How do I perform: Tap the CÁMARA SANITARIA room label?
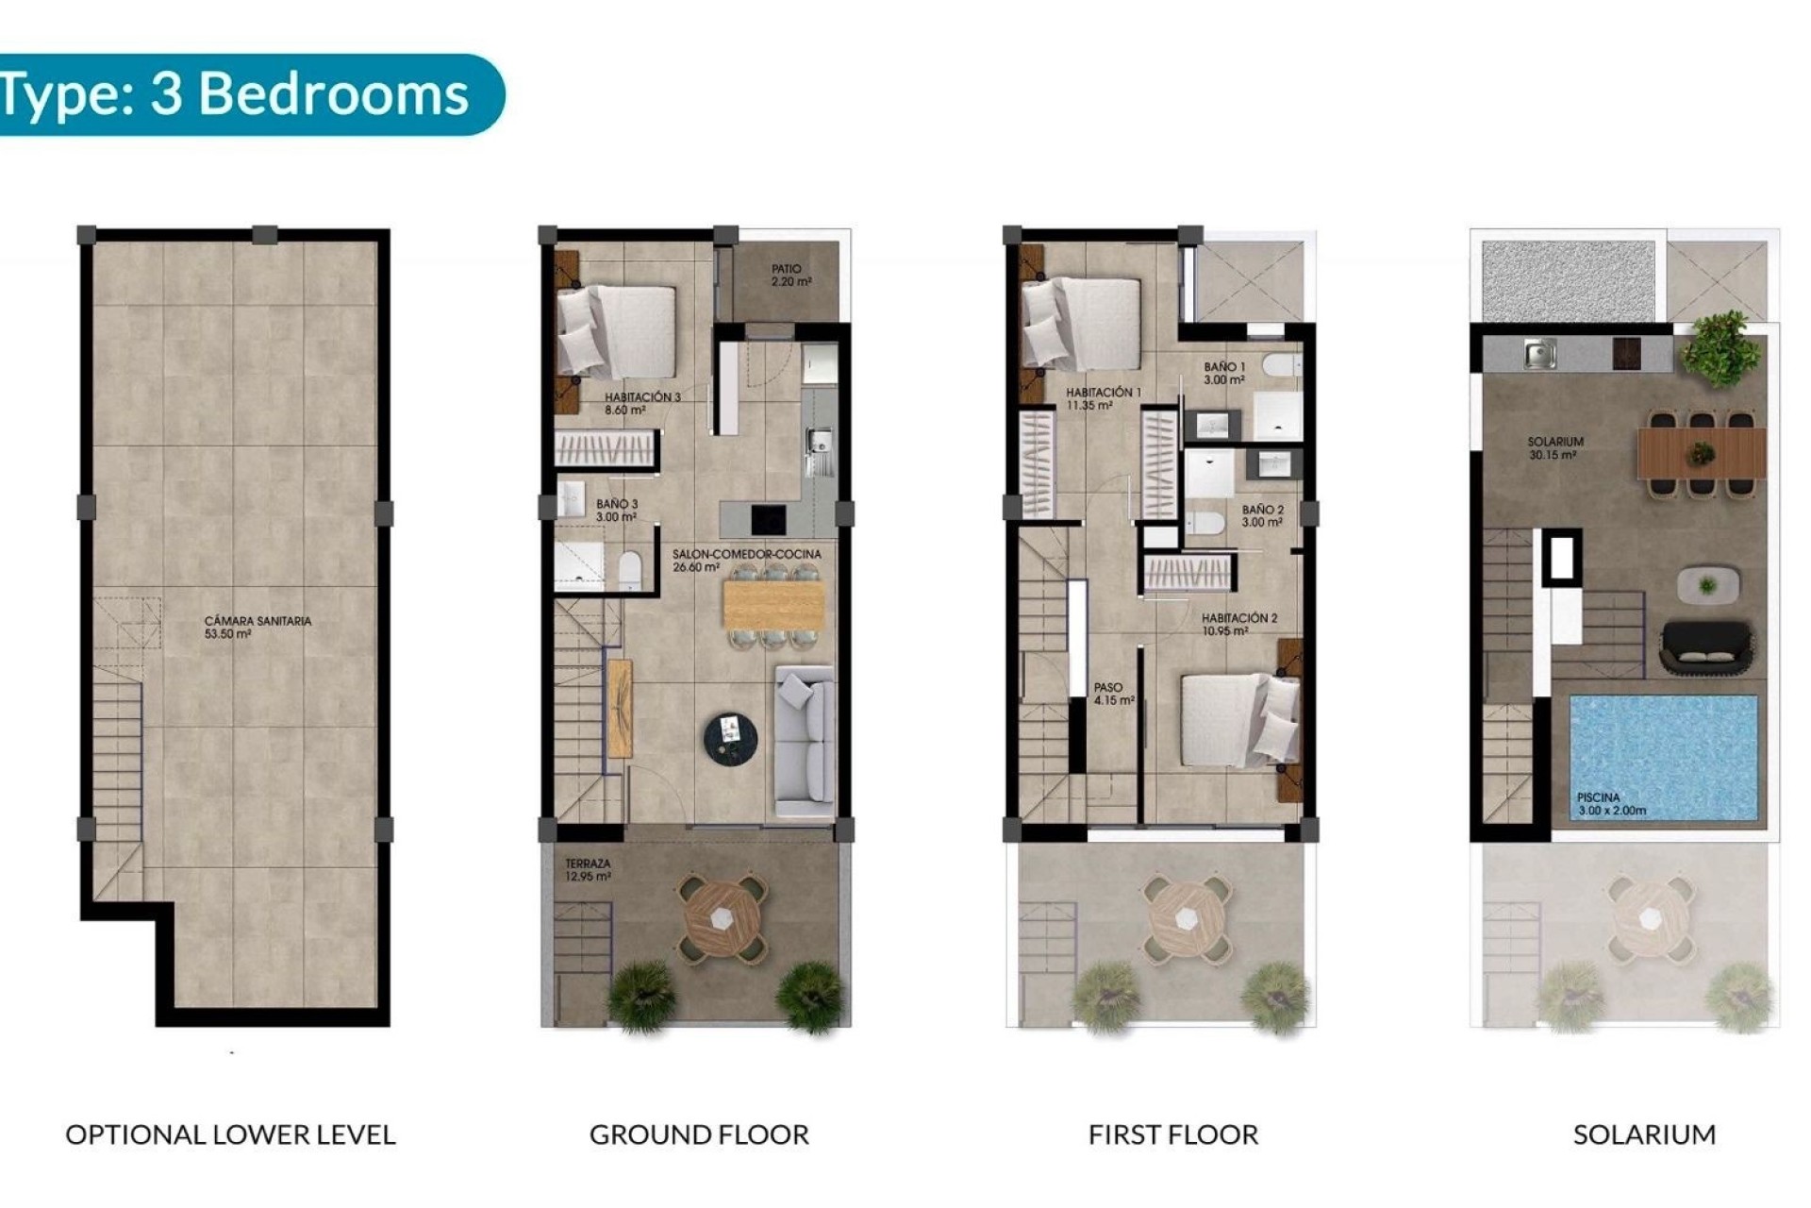pos(258,628)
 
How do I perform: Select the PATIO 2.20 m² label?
pos(790,276)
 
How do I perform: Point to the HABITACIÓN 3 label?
pos(642,404)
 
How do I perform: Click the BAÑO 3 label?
pos(617,511)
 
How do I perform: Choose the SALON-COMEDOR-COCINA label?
pos(746,561)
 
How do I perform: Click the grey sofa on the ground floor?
pos(805,741)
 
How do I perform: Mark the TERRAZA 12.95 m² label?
pos(588,869)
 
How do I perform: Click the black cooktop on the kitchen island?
pos(769,519)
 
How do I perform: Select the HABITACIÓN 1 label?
pos(1104,398)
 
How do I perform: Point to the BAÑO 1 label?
pos(1224,373)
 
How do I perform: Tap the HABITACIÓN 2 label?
pos(1239,625)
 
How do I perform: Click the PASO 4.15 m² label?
pos(1113,694)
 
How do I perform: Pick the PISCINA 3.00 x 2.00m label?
pos(1612,803)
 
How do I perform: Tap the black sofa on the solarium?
pos(1705,646)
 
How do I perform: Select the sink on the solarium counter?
pos(1540,354)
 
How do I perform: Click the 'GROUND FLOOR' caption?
pos(699,1134)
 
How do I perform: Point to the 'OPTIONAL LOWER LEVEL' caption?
pos(230,1134)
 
